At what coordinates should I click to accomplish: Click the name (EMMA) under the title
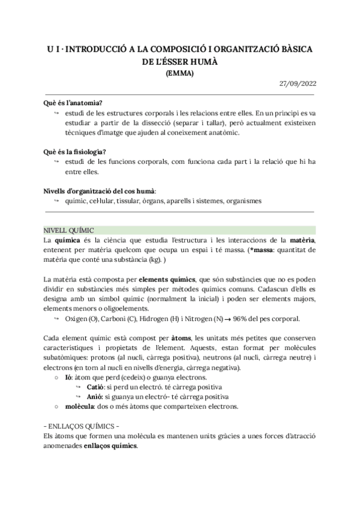coord(179,73)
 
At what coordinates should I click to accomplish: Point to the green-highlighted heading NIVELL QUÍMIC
coord(68,230)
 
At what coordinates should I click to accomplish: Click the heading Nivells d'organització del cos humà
coord(100,190)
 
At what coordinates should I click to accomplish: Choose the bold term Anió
coord(93,397)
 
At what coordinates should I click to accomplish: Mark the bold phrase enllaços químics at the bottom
coord(115,446)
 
